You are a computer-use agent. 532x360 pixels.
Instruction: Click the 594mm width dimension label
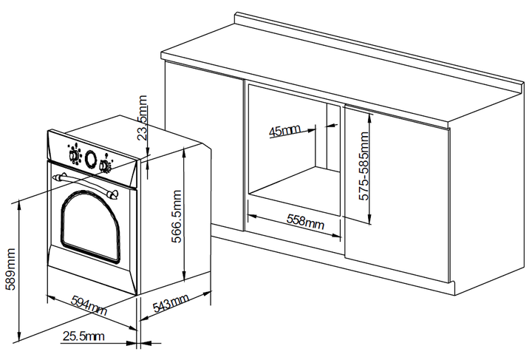[89, 305]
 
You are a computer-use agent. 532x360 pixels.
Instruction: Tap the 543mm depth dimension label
[171, 302]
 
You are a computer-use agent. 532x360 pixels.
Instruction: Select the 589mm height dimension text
[10, 269]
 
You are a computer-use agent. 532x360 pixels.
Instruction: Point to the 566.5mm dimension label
[177, 217]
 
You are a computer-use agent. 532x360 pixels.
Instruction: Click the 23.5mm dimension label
[143, 118]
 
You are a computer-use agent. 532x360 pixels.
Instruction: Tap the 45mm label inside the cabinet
[284, 131]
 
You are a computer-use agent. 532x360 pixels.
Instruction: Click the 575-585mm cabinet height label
[364, 166]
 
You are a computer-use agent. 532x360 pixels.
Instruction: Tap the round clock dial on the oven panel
[91, 158]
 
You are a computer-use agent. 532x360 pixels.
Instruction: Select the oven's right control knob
[104, 166]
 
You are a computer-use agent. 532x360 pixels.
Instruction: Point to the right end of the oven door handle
[112, 194]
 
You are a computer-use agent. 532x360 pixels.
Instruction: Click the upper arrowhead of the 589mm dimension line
[19, 203]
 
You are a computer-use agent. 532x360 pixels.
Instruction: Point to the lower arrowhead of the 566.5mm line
[184, 277]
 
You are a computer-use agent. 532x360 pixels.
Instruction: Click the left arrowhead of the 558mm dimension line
[252, 216]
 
